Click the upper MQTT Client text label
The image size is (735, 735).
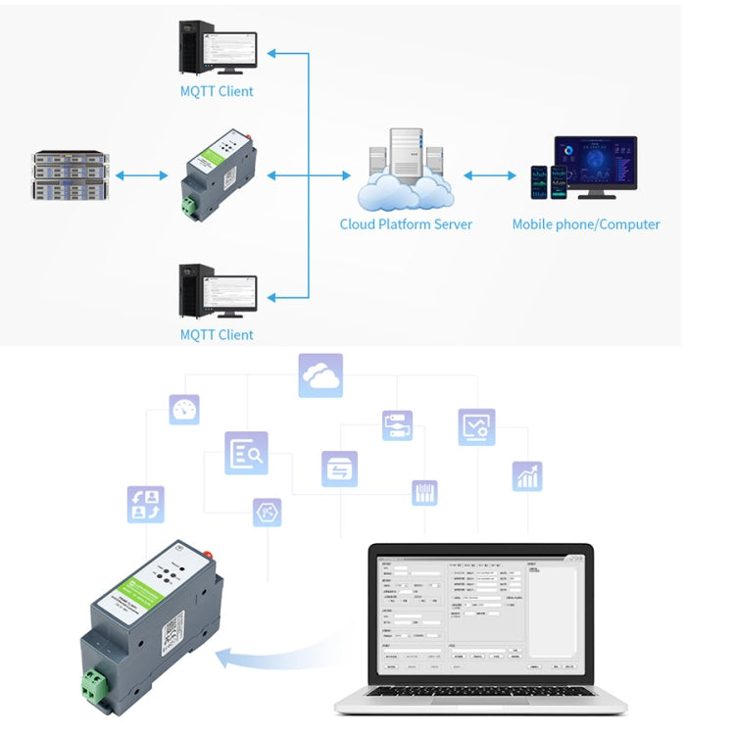(x=217, y=91)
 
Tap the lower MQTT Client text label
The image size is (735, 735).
(x=217, y=334)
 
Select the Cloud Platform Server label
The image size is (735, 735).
(x=406, y=224)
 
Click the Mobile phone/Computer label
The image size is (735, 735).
(x=585, y=224)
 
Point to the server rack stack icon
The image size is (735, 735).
(x=68, y=175)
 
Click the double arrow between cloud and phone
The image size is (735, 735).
(x=489, y=175)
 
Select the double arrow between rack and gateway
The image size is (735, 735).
(x=141, y=175)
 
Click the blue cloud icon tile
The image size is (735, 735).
(x=320, y=375)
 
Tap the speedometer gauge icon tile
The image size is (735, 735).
(x=184, y=410)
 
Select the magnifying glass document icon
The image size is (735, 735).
(x=246, y=453)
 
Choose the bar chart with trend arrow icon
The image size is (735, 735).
(x=527, y=476)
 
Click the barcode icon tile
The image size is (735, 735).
(x=424, y=492)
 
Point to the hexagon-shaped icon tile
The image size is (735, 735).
(x=267, y=512)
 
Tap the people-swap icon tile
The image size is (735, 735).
(x=145, y=504)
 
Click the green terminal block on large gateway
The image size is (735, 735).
(x=95, y=687)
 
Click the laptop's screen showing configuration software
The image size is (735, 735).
(x=480, y=615)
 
